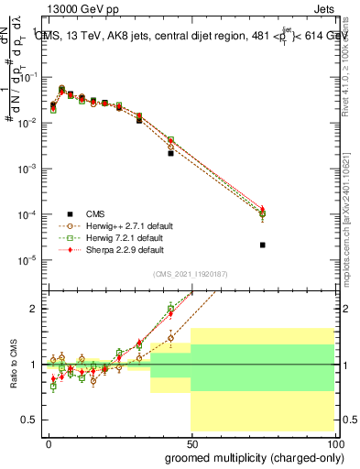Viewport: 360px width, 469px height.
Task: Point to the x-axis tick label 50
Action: tap(191, 442)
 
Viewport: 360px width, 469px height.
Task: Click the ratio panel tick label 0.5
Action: tap(31, 420)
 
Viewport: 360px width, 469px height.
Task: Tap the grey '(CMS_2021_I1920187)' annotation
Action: tap(191, 274)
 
